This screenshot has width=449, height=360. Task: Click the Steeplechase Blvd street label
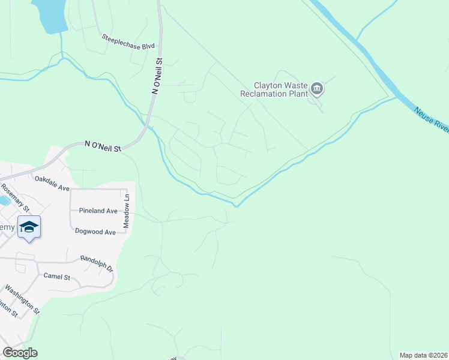(x=128, y=41)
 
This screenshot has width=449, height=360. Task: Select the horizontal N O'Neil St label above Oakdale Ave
(x=103, y=145)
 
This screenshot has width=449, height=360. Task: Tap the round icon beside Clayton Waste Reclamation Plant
(x=317, y=90)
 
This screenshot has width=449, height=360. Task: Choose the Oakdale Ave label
(x=52, y=183)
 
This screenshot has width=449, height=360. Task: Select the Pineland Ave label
(x=98, y=211)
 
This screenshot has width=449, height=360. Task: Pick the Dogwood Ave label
(x=95, y=232)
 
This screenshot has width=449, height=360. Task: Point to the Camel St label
(x=57, y=277)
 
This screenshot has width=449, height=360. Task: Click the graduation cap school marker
(x=29, y=227)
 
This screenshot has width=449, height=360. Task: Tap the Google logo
(x=20, y=353)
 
